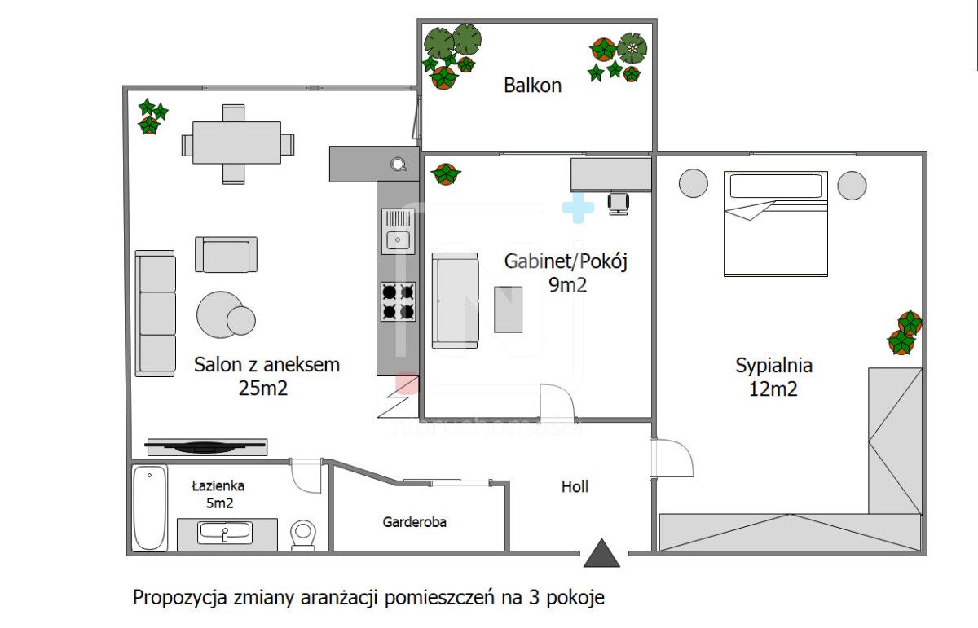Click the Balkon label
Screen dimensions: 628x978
coord(532,86)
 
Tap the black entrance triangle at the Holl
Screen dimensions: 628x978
coord(602,553)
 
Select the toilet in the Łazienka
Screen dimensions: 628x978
coord(303,536)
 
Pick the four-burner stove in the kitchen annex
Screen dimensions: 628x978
coord(398,301)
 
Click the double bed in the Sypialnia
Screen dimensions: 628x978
coord(776,224)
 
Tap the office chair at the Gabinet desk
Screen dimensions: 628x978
coord(619,203)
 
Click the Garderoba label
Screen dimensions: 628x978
coord(415,522)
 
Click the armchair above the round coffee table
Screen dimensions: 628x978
coord(226,254)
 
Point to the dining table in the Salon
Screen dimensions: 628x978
coord(237,144)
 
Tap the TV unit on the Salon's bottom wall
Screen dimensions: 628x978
coord(206,446)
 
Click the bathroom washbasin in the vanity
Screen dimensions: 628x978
coord(226,533)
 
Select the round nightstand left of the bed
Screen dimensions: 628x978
coord(694,183)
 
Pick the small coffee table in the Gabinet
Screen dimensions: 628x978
coord(509,309)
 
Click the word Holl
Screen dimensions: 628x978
coord(575,487)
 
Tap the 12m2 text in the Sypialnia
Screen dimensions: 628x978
coord(773,389)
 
